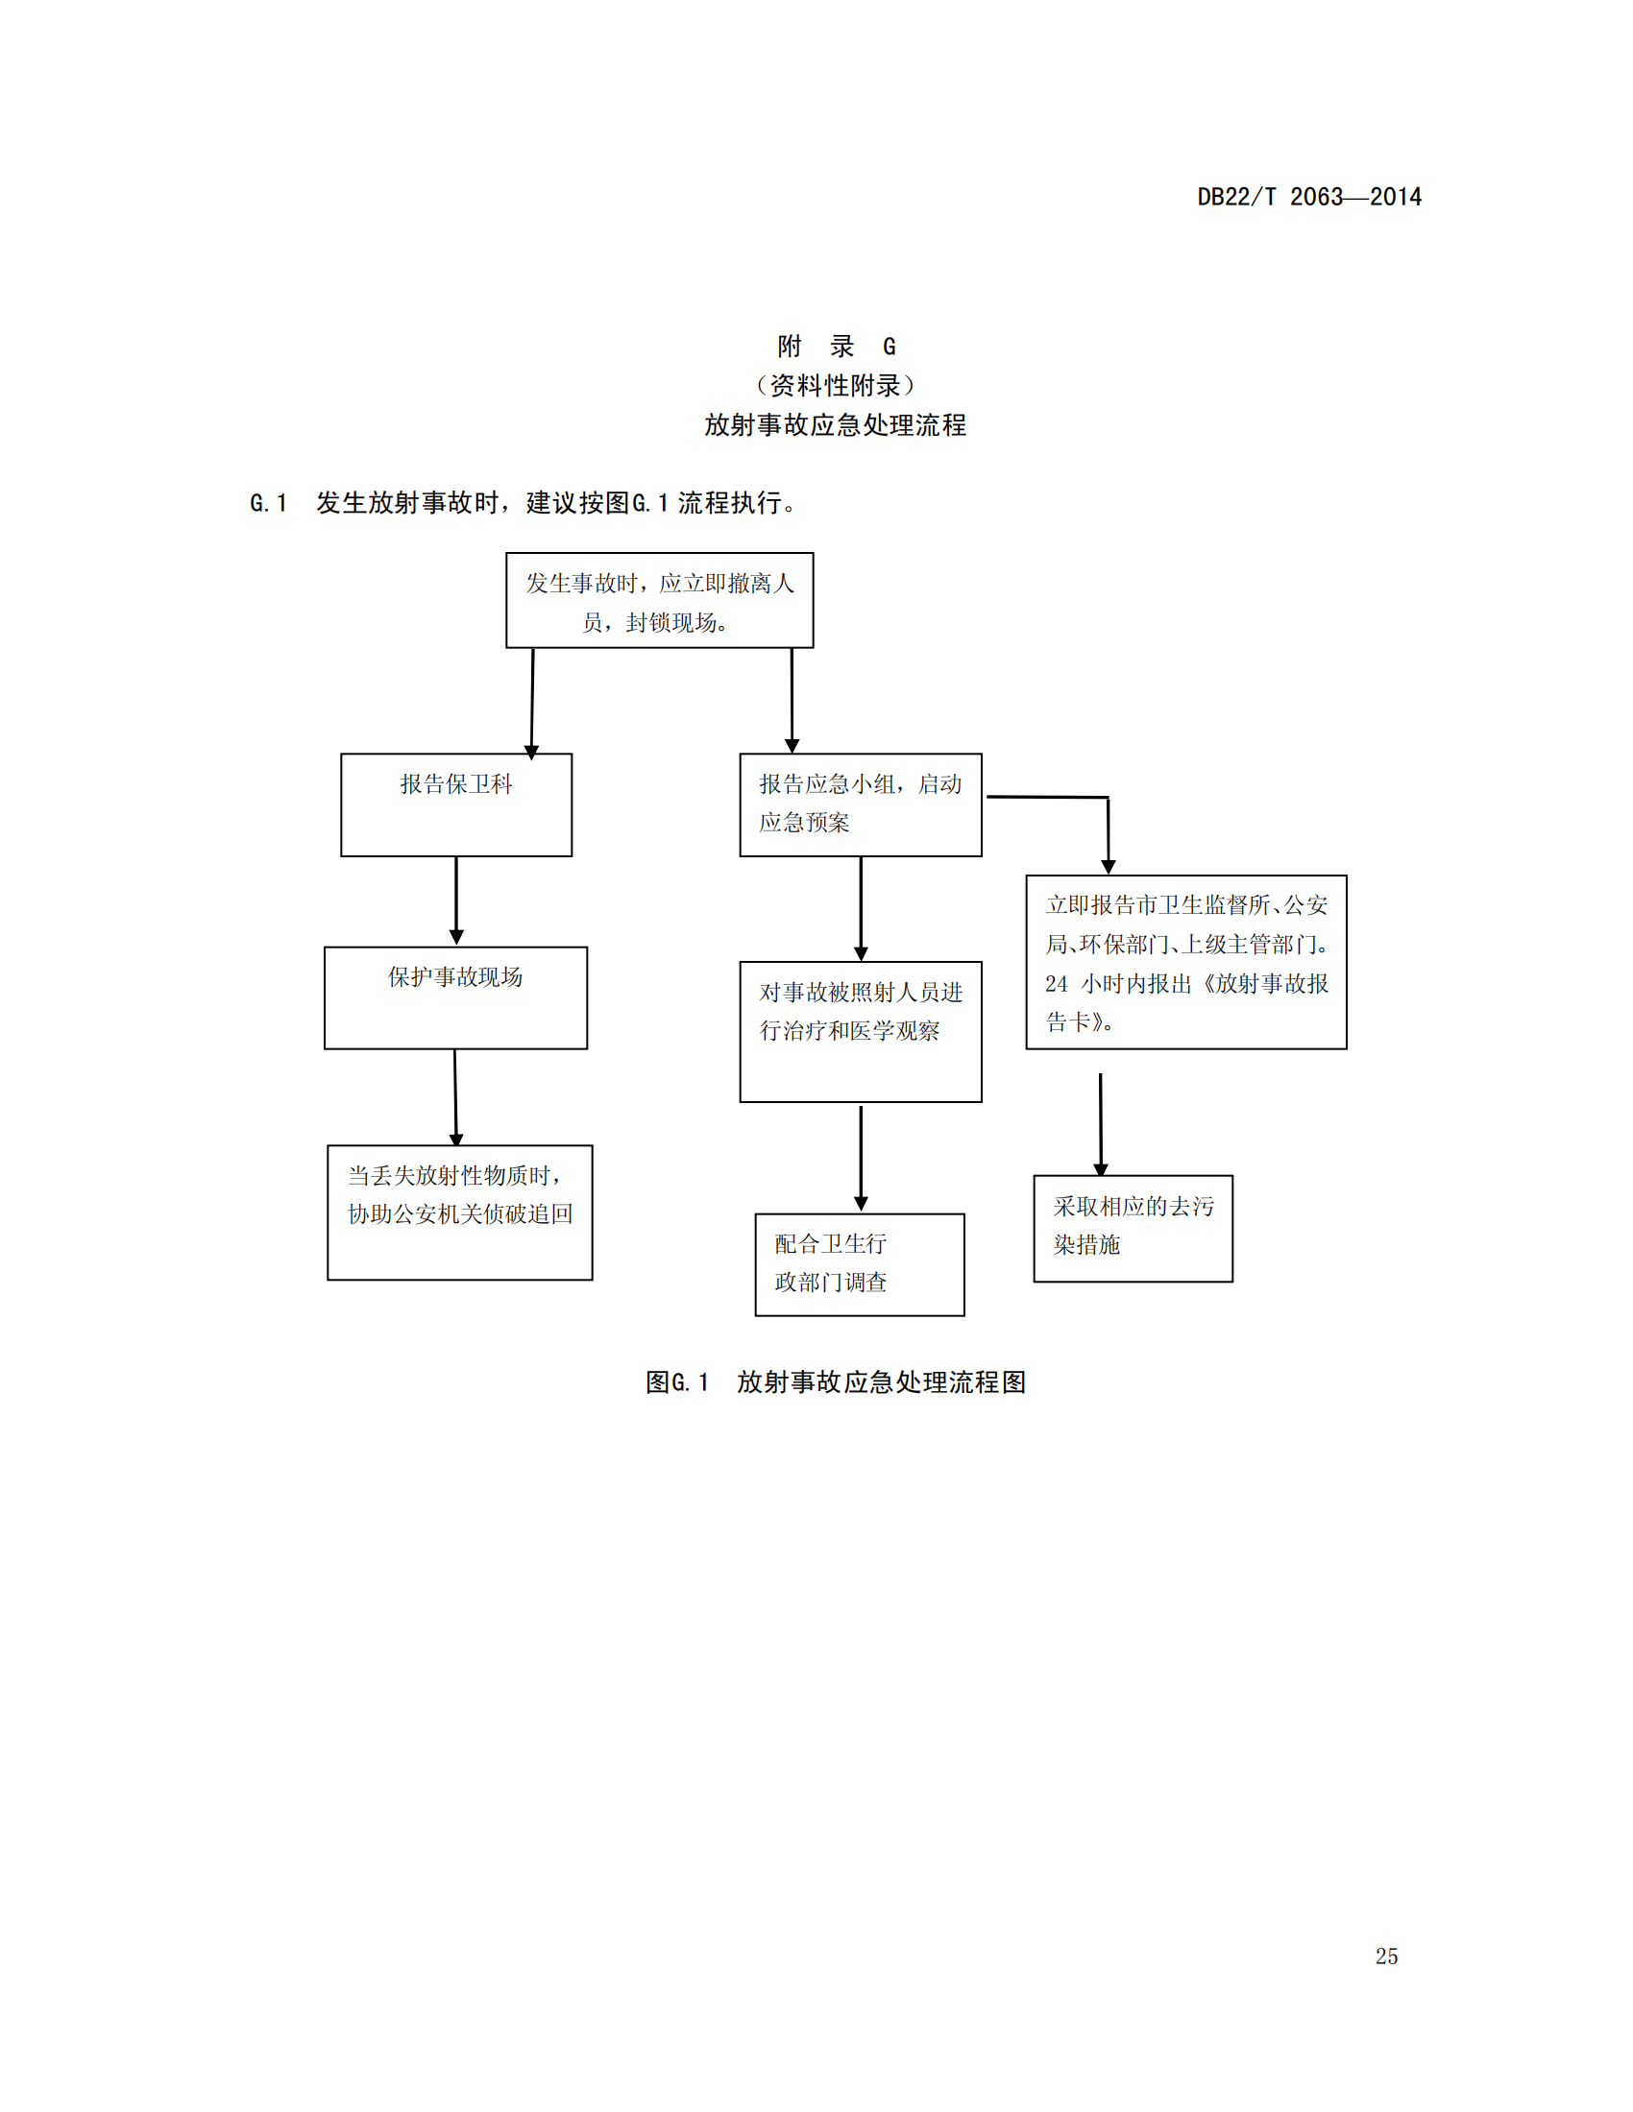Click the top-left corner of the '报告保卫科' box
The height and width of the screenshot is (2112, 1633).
342,755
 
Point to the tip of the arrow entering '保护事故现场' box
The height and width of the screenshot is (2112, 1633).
456,945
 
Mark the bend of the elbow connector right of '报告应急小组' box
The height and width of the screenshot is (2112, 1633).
1108,798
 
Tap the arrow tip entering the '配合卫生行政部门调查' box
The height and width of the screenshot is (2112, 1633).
861,1212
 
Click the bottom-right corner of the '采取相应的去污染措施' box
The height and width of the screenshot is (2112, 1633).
1232,1283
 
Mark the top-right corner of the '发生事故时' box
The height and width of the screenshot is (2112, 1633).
814,553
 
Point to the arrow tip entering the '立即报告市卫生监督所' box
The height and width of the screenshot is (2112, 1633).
1109,875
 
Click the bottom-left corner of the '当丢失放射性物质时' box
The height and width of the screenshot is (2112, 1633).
328,1281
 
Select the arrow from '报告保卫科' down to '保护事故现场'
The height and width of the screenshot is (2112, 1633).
456,900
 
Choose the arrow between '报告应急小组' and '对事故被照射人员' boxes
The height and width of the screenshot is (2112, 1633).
861,908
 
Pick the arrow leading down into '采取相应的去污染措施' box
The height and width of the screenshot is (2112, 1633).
1101,1125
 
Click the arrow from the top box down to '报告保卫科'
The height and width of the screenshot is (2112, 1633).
532,704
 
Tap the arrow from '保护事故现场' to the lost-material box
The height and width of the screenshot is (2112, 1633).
455,1097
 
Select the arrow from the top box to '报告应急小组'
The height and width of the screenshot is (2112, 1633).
792,701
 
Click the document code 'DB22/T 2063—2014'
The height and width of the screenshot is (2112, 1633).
1310,197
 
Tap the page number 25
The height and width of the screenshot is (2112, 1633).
1386,1956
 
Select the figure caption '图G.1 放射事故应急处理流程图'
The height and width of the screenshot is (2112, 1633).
836,1381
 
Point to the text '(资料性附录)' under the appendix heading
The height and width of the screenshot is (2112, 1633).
836,386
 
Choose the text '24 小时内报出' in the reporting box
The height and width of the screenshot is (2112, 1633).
1118,983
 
